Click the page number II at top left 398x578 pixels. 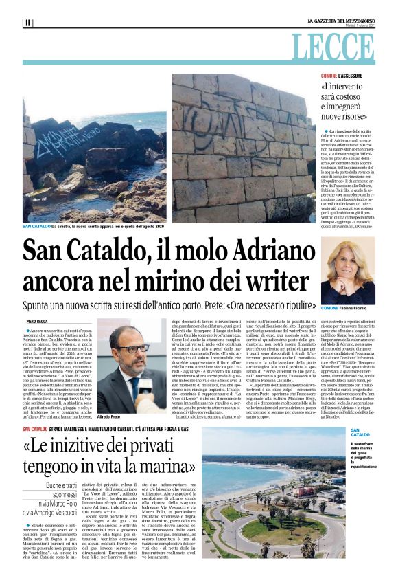pos(27,23)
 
